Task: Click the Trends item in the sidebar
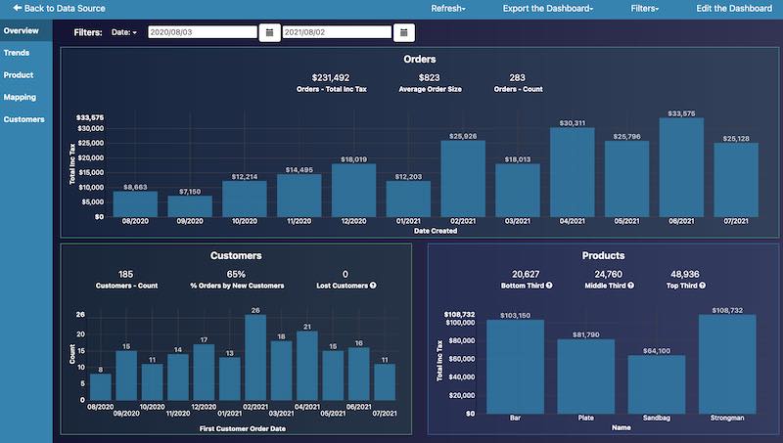click(16, 53)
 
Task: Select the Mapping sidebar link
click(20, 97)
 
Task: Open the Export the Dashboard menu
click(548, 8)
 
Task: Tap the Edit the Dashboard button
click(734, 8)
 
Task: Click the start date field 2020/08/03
click(202, 32)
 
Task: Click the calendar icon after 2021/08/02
click(403, 32)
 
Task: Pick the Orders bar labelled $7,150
click(190, 205)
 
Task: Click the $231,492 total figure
click(331, 77)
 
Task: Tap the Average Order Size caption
click(430, 89)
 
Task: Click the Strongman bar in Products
click(729, 363)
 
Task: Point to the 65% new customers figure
click(236, 274)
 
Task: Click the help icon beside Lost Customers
click(373, 286)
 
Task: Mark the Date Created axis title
click(436, 231)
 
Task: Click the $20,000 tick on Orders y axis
click(90, 157)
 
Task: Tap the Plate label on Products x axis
click(585, 418)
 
